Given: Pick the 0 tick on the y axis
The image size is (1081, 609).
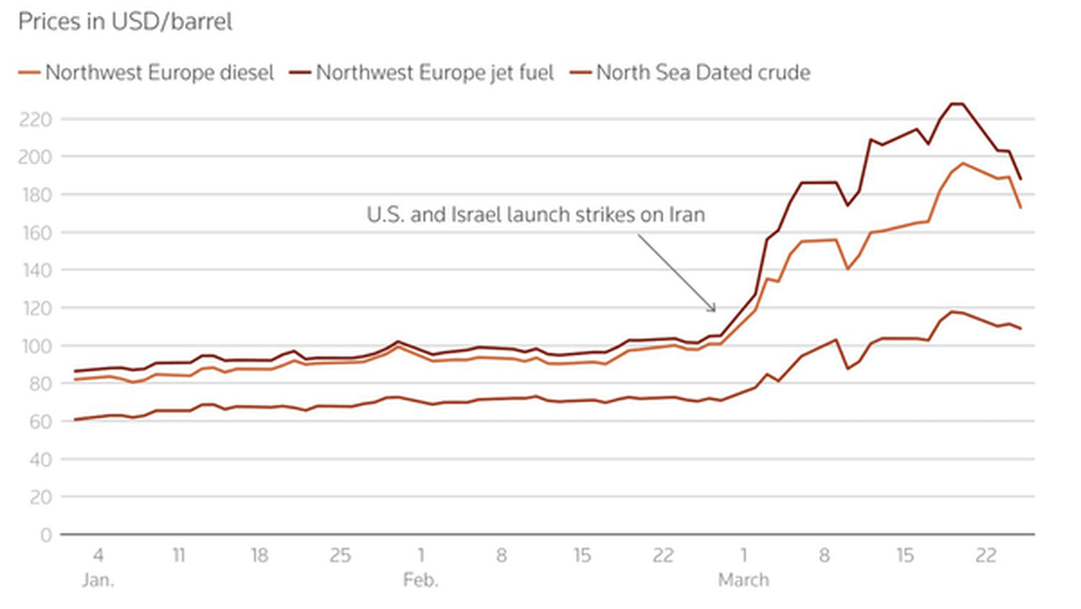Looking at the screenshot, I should (x=46, y=534).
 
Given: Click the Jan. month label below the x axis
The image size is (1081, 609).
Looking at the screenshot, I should (x=97, y=580).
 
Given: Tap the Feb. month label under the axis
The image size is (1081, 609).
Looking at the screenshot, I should (x=421, y=580).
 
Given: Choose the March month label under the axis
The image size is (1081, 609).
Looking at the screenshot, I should (x=743, y=580).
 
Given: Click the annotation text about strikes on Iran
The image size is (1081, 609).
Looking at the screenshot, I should (x=535, y=214).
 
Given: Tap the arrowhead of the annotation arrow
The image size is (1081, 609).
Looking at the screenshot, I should (x=715, y=312).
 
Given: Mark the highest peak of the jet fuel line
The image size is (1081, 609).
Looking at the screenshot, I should (x=958, y=104).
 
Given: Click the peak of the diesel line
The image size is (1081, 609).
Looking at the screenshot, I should (x=962, y=163).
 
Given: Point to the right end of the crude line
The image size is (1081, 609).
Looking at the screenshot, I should (x=1021, y=329).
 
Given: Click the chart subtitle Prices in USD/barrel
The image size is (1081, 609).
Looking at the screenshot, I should (x=124, y=23).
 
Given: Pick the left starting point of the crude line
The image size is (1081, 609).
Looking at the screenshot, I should (x=75, y=420).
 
